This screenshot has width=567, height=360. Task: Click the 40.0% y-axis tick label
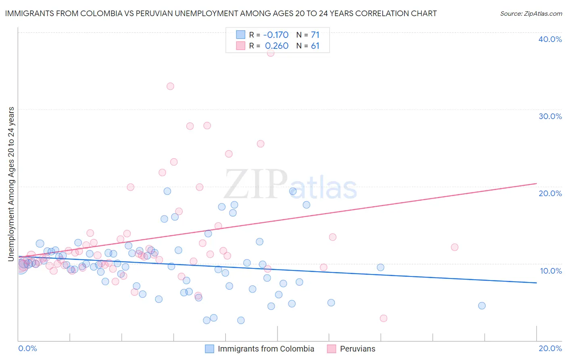pyautogui.click(x=550, y=39)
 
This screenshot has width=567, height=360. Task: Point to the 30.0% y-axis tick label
pyautogui.click(x=550, y=116)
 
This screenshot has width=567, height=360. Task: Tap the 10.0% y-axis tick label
pyautogui.click(x=551, y=271)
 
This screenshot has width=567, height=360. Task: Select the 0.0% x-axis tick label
pyautogui.click(x=27, y=348)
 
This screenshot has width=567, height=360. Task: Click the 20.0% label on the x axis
pyautogui.click(x=550, y=348)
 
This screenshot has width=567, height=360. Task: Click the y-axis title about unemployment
pyautogui.click(x=11, y=184)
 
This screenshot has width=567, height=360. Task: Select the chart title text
pyautogui.click(x=221, y=13)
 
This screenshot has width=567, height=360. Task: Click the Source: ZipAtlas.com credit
pyautogui.click(x=531, y=14)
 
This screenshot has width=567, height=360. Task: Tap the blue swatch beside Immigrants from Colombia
pyautogui.click(x=209, y=349)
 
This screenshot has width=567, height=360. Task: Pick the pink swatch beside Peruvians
pyautogui.click(x=331, y=349)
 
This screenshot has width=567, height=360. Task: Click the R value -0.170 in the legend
pyautogui.click(x=276, y=35)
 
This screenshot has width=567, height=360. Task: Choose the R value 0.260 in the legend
pyautogui.click(x=277, y=46)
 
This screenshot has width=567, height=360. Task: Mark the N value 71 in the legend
pyautogui.click(x=315, y=35)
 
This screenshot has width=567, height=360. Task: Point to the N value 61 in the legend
pyautogui.click(x=315, y=46)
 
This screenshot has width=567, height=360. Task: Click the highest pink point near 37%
pyautogui.click(x=271, y=53)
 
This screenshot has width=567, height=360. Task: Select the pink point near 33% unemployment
pyautogui.click(x=170, y=86)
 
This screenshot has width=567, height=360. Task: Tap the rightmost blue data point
pyautogui.click(x=482, y=306)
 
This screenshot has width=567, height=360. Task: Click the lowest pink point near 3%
pyautogui.click(x=384, y=318)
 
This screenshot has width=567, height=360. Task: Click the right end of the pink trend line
pyautogui.click(x=536, y=184)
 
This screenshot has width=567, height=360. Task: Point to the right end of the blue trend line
pyautogui.click(x=536, y=283)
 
